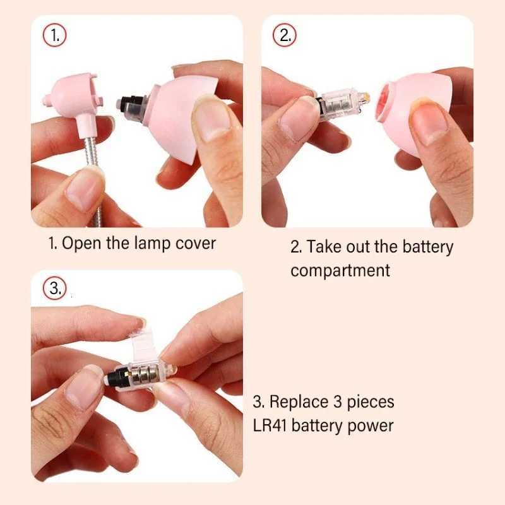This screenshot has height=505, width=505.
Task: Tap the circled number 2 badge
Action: pos(285,35)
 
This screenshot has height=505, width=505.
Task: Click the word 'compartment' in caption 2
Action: pos(340,270)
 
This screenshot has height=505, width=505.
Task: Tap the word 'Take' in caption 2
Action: pos(324,246)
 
